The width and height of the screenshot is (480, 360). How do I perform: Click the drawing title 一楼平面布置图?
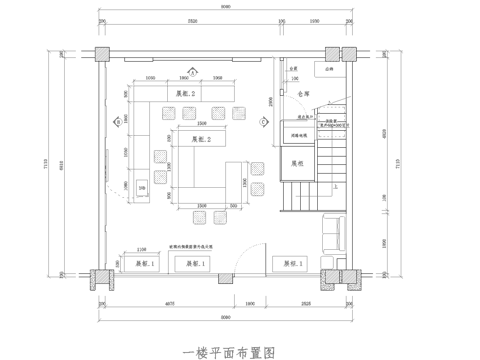pos(228,351)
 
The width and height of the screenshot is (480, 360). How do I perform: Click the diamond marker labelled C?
pos(262,121)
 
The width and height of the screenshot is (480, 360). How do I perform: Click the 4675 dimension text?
pos(169,300)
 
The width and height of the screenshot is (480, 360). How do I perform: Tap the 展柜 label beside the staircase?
pos(297,162)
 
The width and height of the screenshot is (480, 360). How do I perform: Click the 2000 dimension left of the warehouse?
pos(270,101)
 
